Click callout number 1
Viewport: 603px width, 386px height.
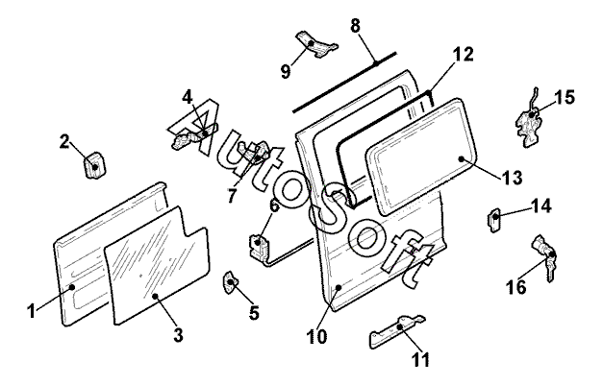pos(32,310)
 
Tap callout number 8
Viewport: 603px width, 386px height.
pos(356,26)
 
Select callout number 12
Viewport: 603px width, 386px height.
pos(464,55)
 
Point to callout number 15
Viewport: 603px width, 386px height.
pos(564,97)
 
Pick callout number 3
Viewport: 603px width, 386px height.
pos(179,337)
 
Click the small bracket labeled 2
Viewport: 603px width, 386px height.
pos(94,165)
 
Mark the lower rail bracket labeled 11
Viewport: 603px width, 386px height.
pos(394,332)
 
